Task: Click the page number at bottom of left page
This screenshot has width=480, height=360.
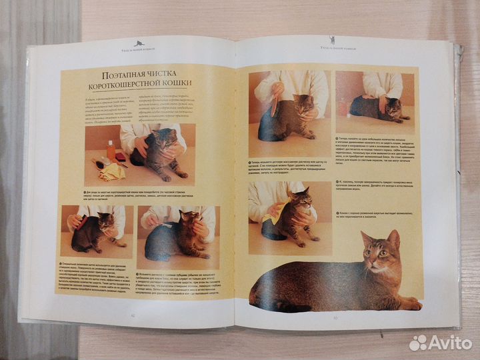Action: (x=133, y=315)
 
